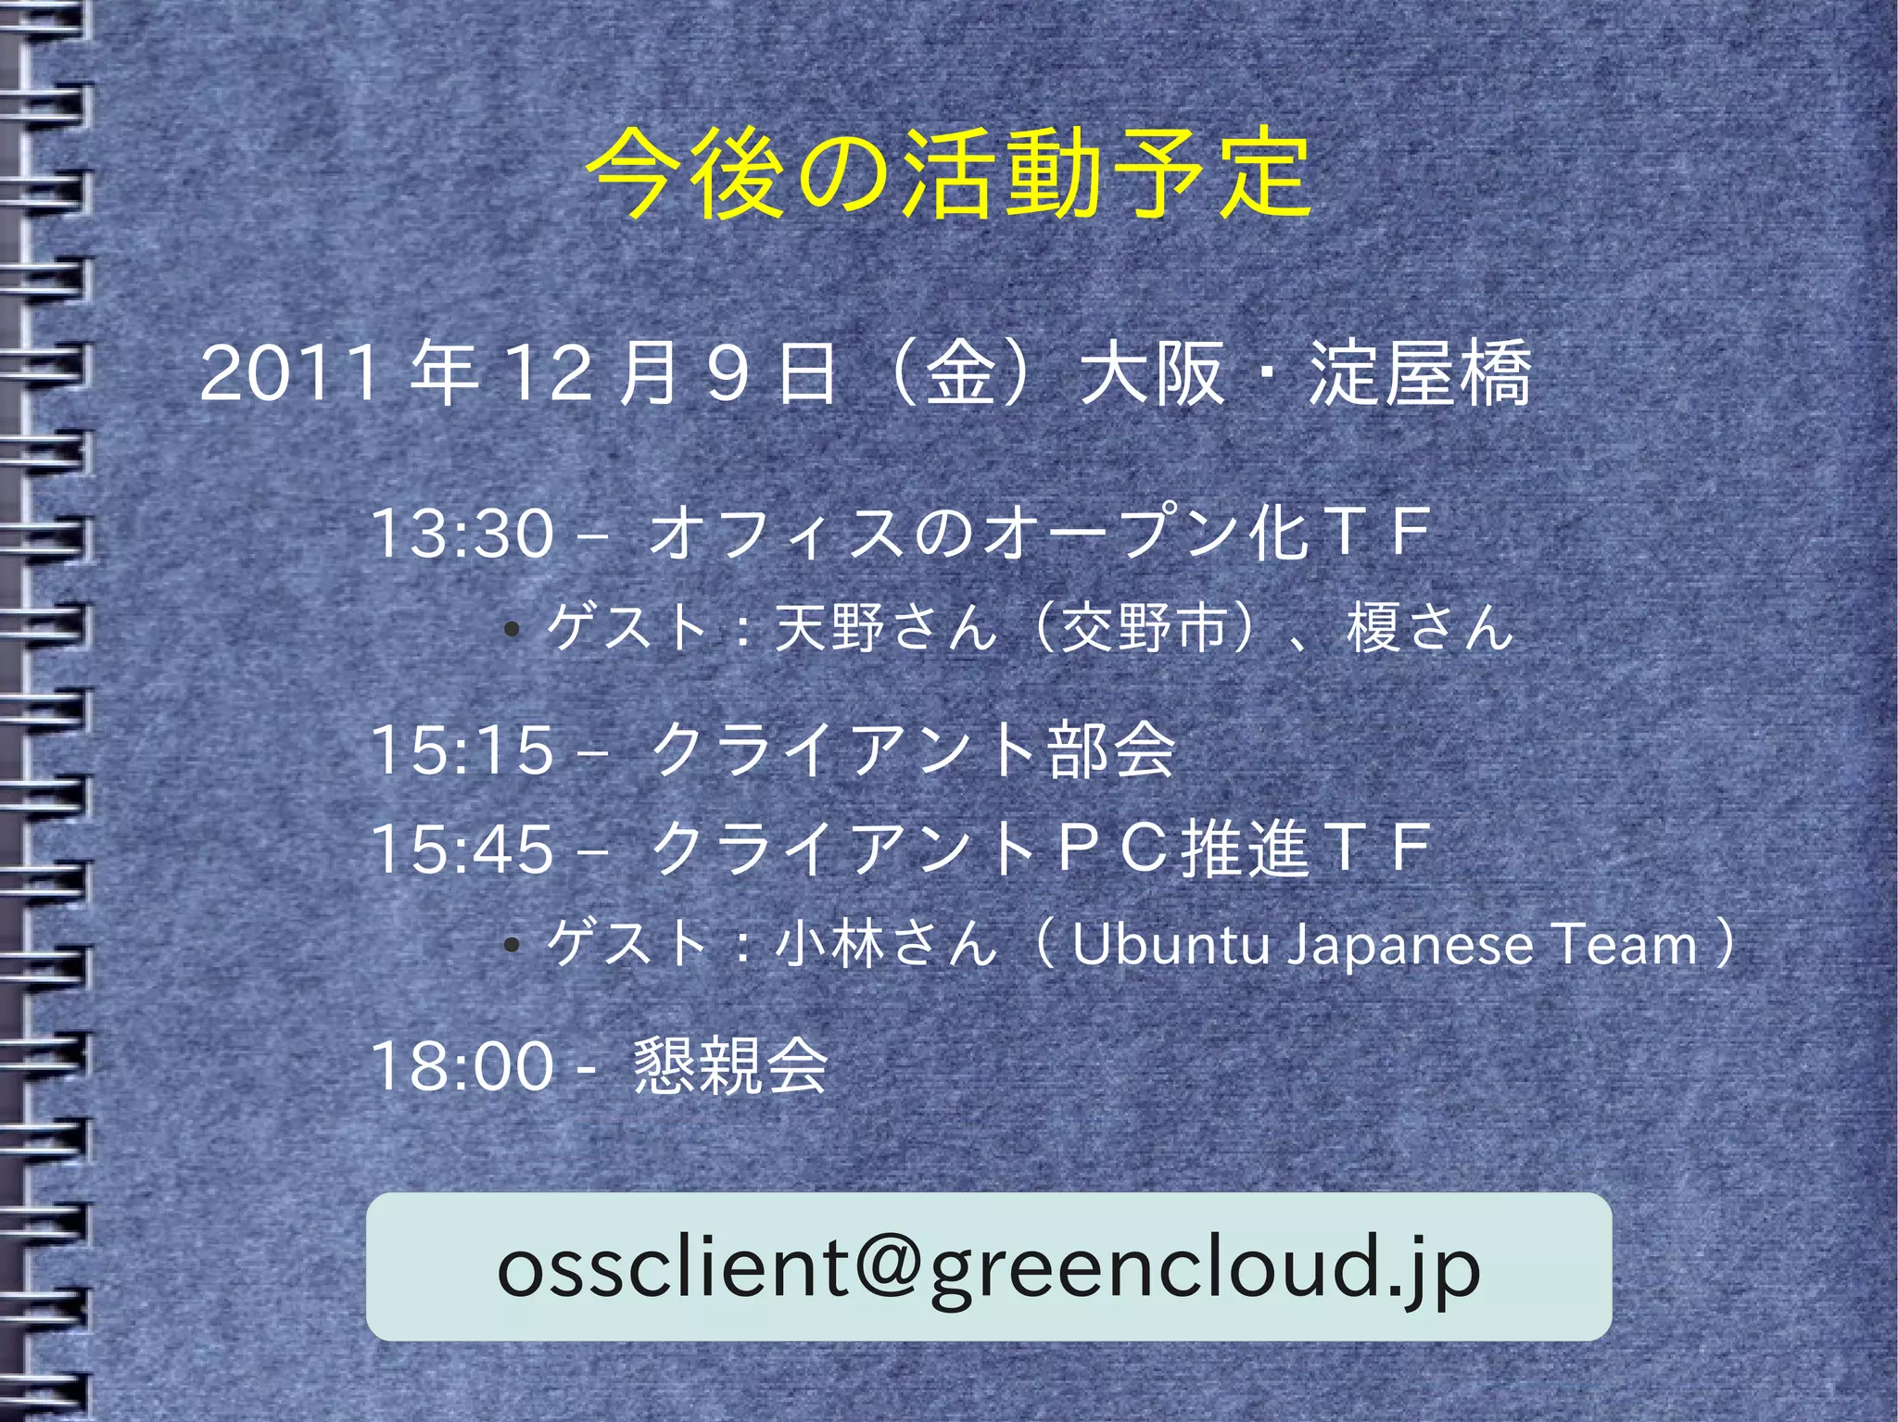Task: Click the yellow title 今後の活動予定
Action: pyautogui.click(x=949, y=173)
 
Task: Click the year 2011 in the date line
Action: pyautogui.click(x=289, y=373)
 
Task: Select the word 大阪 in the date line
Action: pyautogui.click(x=1152, y=373)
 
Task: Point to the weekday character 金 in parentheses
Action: pyautogui.click(x=961, y=373)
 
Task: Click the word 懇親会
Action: pyautogui.click(x=730, y=1065)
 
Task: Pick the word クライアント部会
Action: pyautogui.click(x=913, y=749)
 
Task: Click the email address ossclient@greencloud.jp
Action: pyautogui.click(x=989, y=1267)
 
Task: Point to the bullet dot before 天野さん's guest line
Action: pyautogui.click(x=511, y=631)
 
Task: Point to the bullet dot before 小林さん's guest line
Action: pyautogui.click(x=511, y=946)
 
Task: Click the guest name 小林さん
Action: pyautogui.click(x=885, y=945)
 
